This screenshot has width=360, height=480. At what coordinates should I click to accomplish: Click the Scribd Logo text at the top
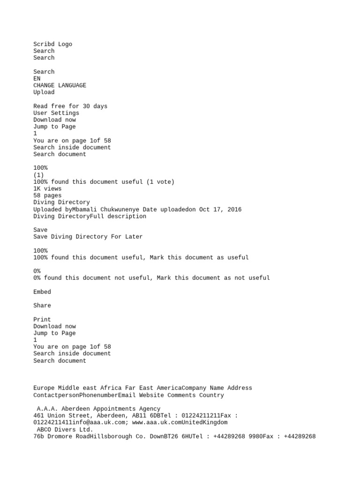pos(52,44)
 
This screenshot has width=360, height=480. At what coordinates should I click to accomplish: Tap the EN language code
pos(37,79)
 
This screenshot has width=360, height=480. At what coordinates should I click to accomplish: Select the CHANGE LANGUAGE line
pos(60,85)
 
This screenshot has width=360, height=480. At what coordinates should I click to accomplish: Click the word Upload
pos(44,92)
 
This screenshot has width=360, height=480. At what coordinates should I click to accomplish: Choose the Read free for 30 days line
pos(70,106)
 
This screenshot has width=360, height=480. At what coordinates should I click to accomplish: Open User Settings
pos(56,113)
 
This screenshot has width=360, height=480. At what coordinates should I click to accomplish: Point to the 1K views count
pos(47,188)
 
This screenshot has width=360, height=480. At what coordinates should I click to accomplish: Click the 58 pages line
pos(47,195)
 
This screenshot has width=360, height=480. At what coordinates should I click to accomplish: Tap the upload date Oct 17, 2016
pos(220,210)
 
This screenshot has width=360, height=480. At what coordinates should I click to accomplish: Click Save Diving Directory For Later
pos(88,237)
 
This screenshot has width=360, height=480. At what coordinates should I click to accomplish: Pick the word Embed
pos(42,292)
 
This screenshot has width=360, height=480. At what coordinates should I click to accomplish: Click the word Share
pos(42,306)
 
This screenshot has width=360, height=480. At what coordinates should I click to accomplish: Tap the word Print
pos(42,320)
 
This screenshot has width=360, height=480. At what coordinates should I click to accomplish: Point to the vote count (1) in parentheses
pos(38,175)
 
